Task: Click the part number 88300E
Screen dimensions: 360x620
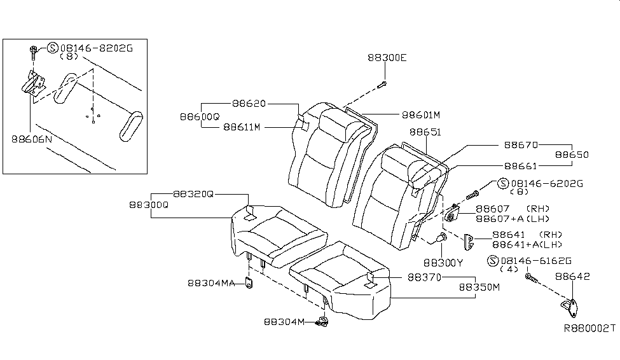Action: point(387,57)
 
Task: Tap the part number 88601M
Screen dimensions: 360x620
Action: point(420,115)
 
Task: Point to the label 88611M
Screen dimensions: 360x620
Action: point(242,127)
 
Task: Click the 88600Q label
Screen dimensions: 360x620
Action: point(199,116)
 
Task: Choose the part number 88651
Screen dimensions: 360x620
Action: point(425,132)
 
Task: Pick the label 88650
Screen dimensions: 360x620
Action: point(572,155)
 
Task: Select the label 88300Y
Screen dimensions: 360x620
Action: point(443,262)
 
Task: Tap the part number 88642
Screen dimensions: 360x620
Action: point(572,277)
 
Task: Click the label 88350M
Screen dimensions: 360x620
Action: point(479,287)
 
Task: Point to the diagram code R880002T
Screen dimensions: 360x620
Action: point(589,329)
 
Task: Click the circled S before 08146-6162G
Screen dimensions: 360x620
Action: point(492,261)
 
